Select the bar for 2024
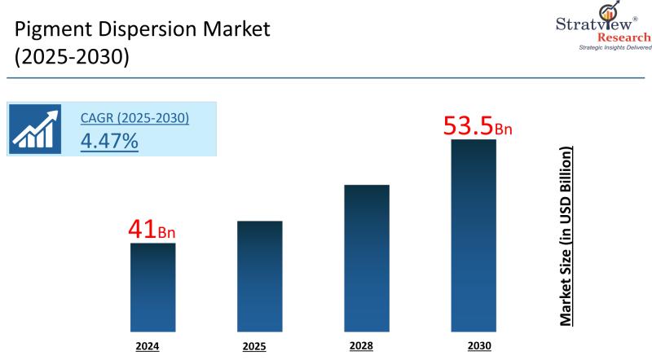pyautogui.click(x=152, y=288)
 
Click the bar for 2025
pyautogui.click(x=259, y=276)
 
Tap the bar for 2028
pyautogui.click(x=367, y=258)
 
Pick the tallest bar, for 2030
pyautogui.click(x=474, y=235)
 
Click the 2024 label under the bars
pyautogui.click(x=148, y=346)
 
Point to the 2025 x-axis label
pyautogui.click(x=254, y=346)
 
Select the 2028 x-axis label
pyautogui.click(x=361, y=345)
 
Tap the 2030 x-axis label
pyautogui.click(x=479, y=345)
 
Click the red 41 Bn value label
pyautogui.click(x=152, y=230)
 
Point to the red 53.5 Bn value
pyautogui.click(x=478, y=126)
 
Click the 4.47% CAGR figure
pyautogui.click(x=109, y=141)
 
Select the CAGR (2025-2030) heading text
pyautogui.click(x=134, y=118)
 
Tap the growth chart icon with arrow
pyautogui.click(x=35, y=129)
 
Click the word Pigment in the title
pyautogui.click(x=54, y=30)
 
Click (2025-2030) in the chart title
pyautogui.click(x=72, y=56)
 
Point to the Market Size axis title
pyautogui.click(x=566, y=236)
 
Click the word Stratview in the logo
pyautogui.click(x=593, y=24)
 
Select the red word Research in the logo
pyautogui.click(x=624, y=37)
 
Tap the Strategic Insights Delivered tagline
pyautogui.click(x=615, y=47)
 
